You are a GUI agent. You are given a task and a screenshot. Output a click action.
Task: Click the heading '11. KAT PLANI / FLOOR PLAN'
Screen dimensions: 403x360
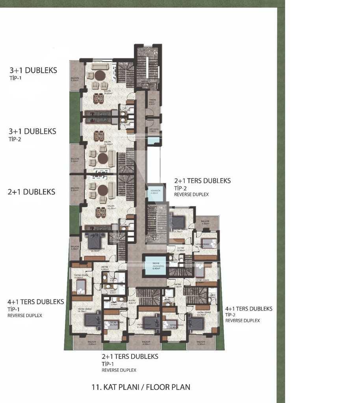coord(141,387)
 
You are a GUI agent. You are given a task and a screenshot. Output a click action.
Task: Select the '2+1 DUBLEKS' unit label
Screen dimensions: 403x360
coord(31,192)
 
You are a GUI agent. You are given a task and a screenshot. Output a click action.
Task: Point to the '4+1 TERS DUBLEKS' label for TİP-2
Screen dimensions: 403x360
coord(249,309)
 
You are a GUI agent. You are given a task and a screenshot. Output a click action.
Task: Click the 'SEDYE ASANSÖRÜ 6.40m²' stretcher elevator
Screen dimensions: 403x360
coord(154,266)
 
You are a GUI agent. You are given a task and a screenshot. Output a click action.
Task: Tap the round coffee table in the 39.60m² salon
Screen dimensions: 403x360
coord(100,75)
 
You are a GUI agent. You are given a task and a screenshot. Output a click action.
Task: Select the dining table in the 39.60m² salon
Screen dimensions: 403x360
coord(98,98)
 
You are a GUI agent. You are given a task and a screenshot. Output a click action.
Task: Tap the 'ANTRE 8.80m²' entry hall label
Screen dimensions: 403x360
coord(105,268)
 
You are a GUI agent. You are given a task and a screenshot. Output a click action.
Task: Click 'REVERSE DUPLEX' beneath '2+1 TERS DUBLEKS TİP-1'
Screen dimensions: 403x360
coord(119,370)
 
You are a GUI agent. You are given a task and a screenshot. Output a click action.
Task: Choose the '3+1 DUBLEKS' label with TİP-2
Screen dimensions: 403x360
coord(32,131)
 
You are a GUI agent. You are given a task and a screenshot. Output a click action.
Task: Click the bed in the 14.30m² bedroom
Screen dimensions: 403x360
coord(95,238)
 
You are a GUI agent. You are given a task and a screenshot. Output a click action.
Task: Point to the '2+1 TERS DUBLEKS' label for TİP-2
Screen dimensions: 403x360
coord(202,181)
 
